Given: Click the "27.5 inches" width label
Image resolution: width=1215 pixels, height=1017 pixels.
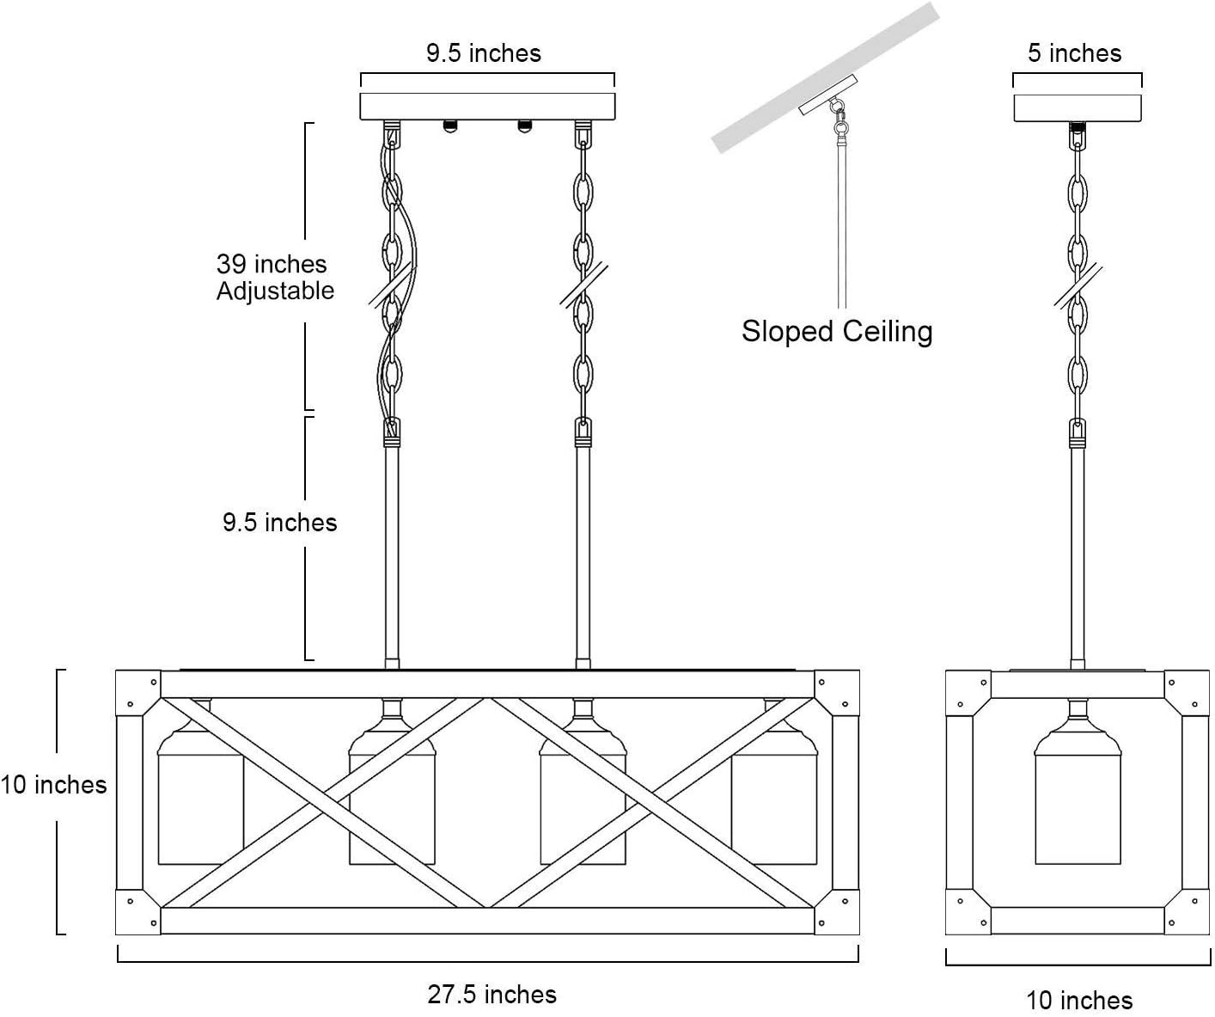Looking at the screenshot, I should tap(491, 995).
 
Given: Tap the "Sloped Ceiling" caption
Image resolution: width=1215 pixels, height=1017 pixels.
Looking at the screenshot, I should tap(837, 331).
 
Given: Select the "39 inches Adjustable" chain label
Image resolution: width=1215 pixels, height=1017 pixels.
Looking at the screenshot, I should tap(275, 277).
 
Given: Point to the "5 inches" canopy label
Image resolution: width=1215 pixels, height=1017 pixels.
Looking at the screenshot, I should tap(1075, 53).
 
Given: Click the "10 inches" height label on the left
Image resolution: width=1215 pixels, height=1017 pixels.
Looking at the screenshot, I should tap(53, 785).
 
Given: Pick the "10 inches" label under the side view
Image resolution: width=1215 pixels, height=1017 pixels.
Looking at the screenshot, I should tap(1079, 1000).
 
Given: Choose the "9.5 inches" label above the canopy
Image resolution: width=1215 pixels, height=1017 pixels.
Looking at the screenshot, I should tap(484, 53).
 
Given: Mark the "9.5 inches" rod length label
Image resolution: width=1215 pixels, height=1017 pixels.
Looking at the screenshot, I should tap(280, 523).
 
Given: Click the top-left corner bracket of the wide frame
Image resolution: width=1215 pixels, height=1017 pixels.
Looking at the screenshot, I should tap(138, 692).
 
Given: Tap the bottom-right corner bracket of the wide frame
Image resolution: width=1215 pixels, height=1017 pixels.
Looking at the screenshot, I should tap(837, 912).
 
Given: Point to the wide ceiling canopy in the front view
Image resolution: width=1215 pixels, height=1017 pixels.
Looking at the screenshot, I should tap(487, 106).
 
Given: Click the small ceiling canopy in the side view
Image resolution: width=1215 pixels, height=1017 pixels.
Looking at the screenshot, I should tap(1078, 107).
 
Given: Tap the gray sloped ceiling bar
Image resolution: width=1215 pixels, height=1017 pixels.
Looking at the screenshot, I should tap(825, 77).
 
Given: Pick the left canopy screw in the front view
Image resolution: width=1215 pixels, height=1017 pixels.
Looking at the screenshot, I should tap(449, 126).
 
